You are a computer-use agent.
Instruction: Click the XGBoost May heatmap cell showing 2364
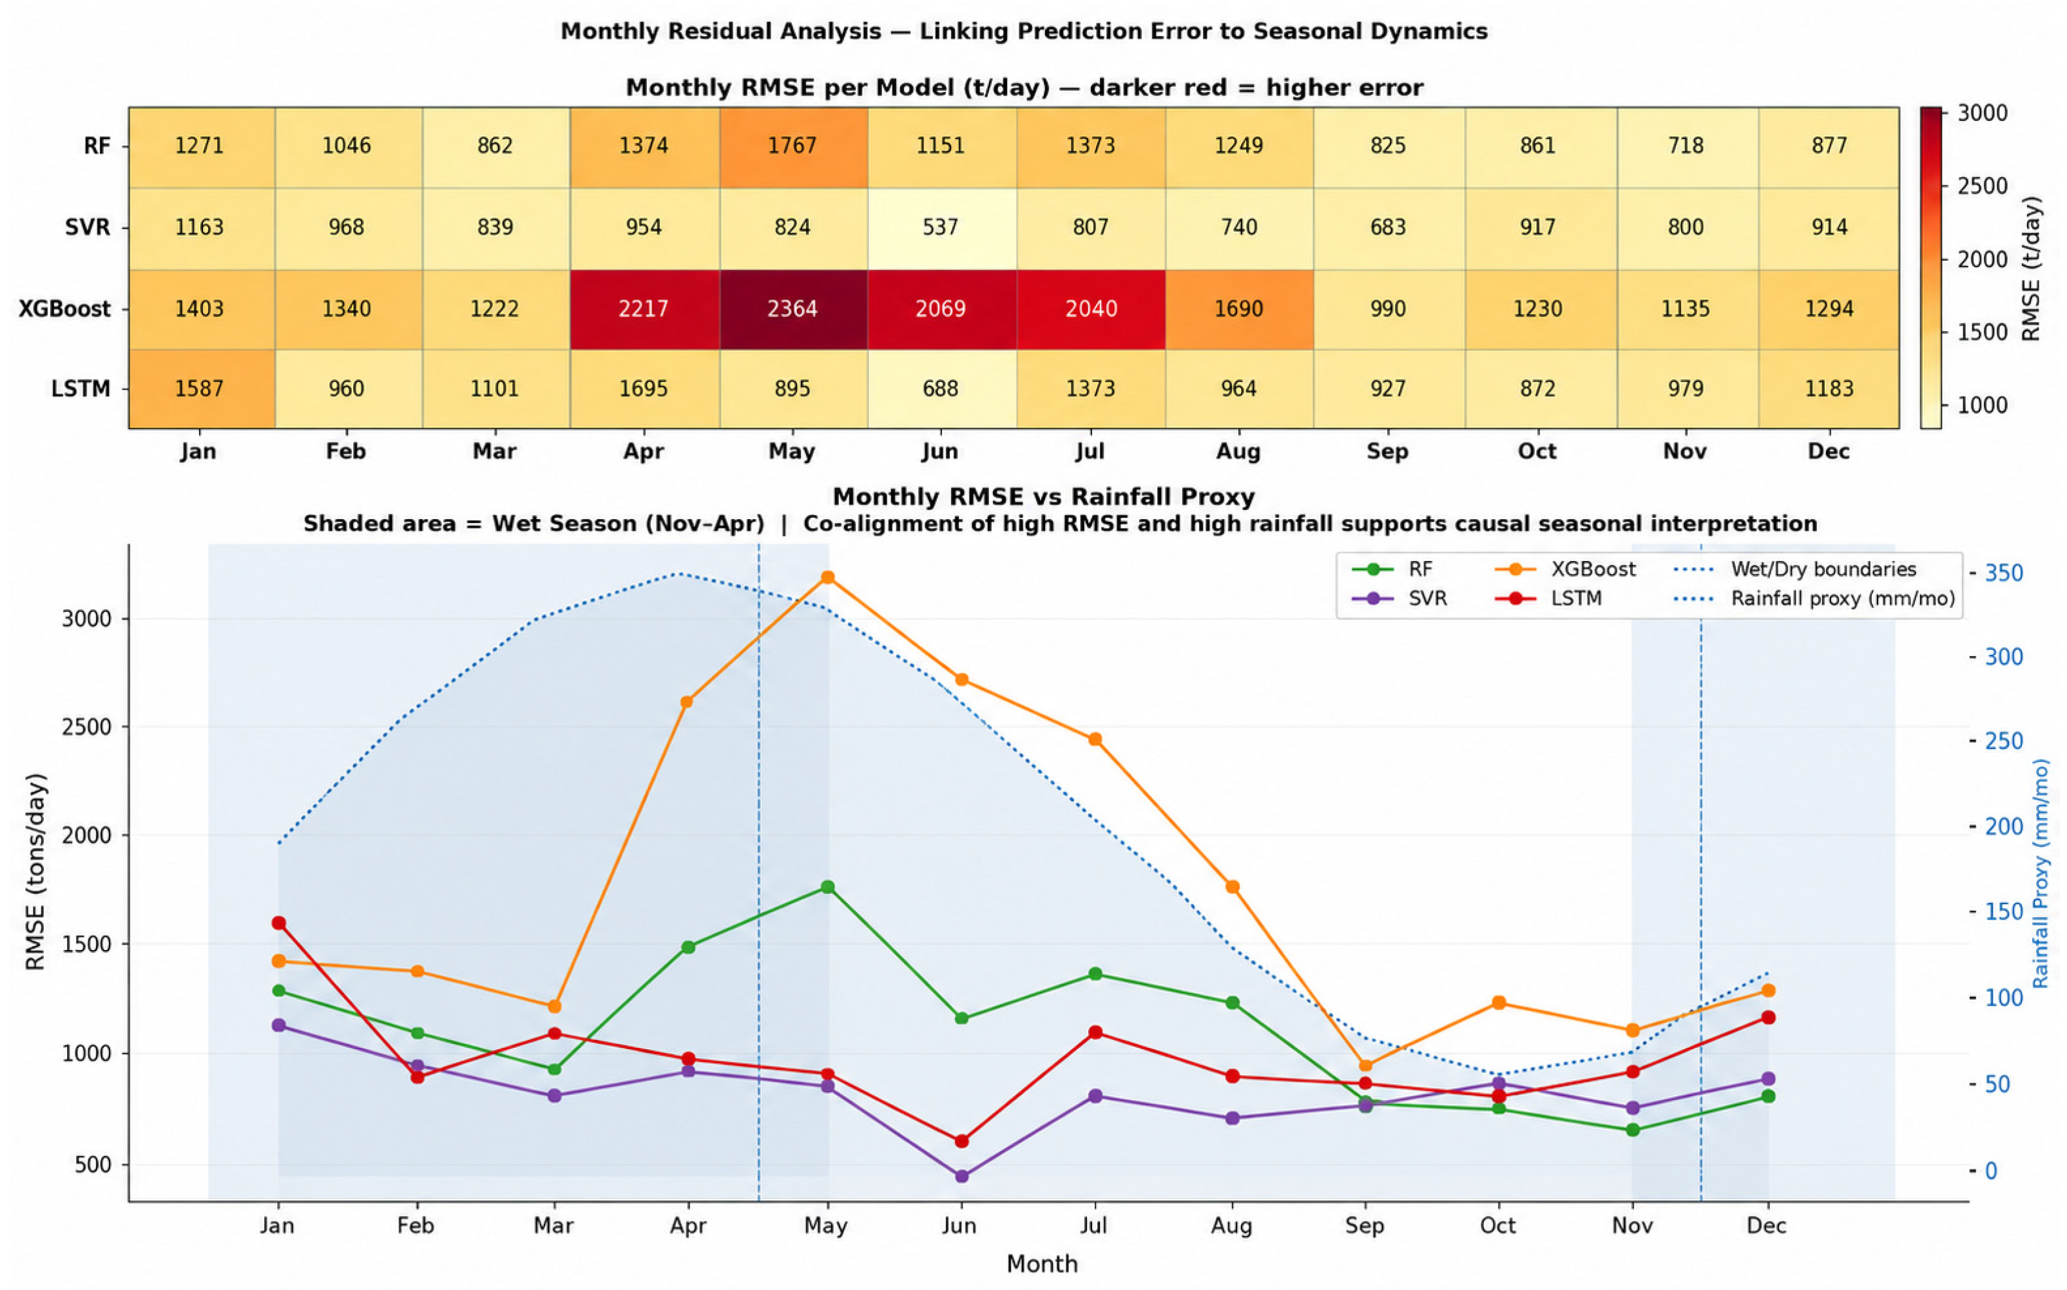pos(793,309)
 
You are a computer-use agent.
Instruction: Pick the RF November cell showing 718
pos(1686,146)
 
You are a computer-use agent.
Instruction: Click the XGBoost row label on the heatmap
pos(65,309)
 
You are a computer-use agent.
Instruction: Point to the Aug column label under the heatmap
pos(1238,451)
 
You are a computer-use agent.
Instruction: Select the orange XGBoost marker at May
pos(827,578)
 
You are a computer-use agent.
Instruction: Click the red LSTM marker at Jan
pos(278,923)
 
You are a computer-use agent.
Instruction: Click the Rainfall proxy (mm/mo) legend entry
pos(1814,599)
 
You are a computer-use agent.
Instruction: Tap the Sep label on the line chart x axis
pos(1365,1226)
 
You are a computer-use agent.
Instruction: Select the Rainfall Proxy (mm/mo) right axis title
pos(2041,874)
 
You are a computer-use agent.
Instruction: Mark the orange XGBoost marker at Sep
pos(1365,1066)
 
